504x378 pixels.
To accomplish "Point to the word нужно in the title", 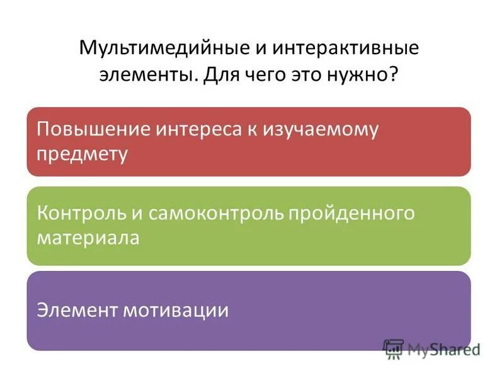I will coord(360,74).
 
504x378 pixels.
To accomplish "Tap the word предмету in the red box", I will coord(82,154).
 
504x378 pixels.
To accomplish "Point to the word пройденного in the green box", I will coord(352,213).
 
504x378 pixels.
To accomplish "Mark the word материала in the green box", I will coord(88,238).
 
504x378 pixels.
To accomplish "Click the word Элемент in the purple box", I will coord(74,310).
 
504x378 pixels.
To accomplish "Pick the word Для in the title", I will coord(217,74).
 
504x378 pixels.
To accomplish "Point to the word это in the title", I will coord(304,74).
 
